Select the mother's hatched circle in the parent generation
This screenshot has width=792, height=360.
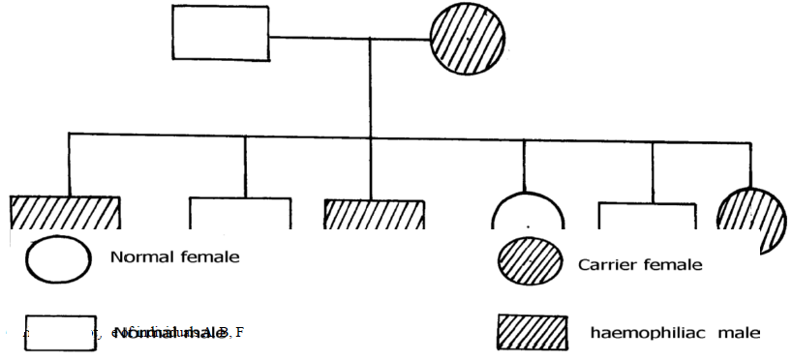[x=469, y=39]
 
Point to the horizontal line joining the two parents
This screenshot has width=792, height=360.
[x=349, y=39]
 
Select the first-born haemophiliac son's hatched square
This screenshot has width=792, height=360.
[x=65, y=212]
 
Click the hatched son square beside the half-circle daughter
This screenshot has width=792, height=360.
[x=374, y=214]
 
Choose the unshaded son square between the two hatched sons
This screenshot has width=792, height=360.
[x=239, y=213]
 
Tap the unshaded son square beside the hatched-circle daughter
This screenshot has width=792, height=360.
[x=647, y=215]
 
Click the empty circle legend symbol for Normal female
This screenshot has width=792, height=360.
[x=59, y=258]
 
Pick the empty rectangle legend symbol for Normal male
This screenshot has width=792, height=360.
[x=59, y=332]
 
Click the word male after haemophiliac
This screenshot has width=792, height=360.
[x=741, y=334]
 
